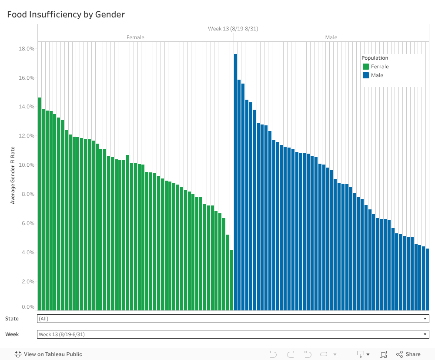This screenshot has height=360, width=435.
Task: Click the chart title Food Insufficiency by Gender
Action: click(66, 15)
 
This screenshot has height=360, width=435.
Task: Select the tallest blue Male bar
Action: click(235, 174)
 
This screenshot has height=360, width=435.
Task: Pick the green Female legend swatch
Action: click(366, 67)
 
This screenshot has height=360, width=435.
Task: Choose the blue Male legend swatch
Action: click(366, 75)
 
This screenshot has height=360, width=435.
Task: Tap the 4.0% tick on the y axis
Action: click(27, 252)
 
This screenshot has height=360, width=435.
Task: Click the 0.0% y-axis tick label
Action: click(27, 307)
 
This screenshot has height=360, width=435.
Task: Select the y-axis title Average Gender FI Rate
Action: click(13, 175)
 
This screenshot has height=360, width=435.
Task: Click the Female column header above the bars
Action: click(135, 37)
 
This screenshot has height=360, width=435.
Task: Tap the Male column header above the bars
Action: click(331, 37)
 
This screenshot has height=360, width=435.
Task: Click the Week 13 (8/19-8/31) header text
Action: click(233, 29)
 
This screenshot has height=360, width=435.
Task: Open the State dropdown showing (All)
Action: click(233, 319)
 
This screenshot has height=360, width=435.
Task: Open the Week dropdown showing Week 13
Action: click(233, 334)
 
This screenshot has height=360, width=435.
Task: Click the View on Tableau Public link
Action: click(48, 354)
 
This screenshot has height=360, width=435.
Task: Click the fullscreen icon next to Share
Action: click(383, 354)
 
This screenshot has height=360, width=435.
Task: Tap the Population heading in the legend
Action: click(375, 58)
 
